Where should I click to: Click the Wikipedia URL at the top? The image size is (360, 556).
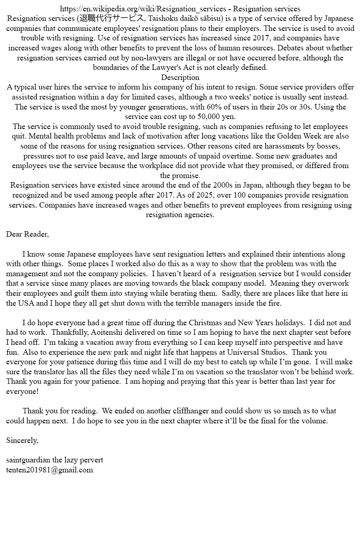(x=143, y=9)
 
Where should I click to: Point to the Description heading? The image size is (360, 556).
(x=180, y=77)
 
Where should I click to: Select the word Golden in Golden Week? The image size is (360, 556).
(x=287, y=136)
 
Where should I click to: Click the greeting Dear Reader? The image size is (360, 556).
(x=27, y=234)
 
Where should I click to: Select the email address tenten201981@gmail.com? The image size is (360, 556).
(x=50, y=470)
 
